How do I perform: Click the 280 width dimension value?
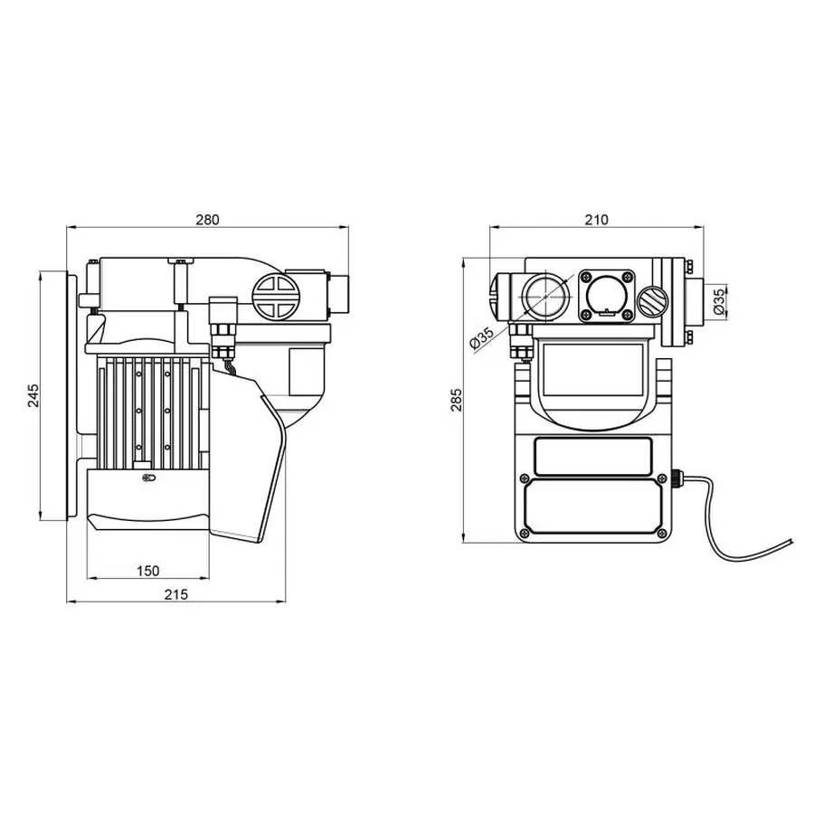tap(209, 220)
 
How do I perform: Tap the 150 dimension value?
tap(148, 570)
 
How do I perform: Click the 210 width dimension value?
tap(597, 220)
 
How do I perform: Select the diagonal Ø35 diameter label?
tap(482, 338)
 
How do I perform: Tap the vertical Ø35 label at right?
tap(717, 300)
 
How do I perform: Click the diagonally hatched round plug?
tap(651, 301)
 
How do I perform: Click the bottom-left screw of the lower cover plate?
tap(524, 534)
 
